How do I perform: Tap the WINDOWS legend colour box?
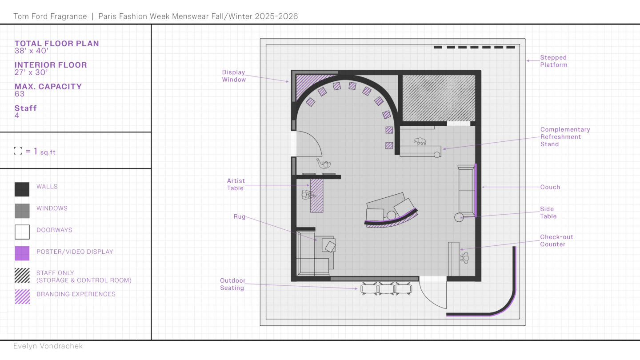pos(22,211)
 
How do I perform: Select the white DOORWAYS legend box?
pos(22,232)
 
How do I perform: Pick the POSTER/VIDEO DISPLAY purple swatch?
pos(22,253)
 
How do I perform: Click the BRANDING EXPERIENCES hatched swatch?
pos(22,296)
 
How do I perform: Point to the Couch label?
pos(550,187)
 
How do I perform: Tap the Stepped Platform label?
pos(554,61)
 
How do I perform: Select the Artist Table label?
pos(236,184)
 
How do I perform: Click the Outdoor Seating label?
pos(232,284)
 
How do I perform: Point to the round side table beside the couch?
pos(459,217)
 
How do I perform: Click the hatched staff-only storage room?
pos(439,98)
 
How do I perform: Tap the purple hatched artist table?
pos(316,196)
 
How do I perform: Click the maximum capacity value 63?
pos(20,94)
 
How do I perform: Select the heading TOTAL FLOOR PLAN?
pos(56,44)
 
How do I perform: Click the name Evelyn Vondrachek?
pos(48,346)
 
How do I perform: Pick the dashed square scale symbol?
pos(18,151)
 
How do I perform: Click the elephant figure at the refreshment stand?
pos(420,141)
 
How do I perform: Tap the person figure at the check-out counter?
pos(464,258)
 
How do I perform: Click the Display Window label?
pos(234,76)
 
